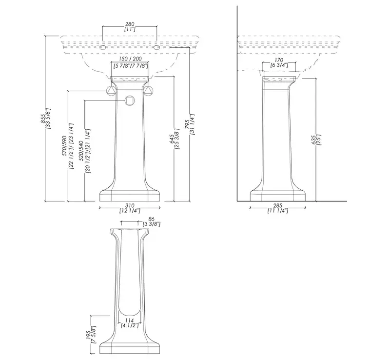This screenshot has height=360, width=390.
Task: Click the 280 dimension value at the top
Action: pos(130,24)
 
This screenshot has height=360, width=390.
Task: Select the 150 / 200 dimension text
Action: pos(130,59)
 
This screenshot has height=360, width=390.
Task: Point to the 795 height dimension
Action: pos(187,124)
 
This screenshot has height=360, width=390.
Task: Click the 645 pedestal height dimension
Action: pos(172,139)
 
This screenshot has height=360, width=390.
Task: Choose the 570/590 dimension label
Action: pos(64,146)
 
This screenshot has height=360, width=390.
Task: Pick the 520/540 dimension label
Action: pos(81,151)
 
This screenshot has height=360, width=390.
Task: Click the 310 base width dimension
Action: pos(130,206)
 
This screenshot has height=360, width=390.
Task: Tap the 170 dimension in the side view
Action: pos(279,60)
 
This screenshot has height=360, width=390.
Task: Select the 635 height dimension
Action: pos(313,140)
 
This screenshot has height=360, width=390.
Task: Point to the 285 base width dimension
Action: pos(278,206)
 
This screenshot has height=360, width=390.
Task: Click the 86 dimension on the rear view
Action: pos(151,219)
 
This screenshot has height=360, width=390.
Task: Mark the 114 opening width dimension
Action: pos(130,320)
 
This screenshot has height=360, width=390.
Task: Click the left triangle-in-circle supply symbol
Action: pos(111,91)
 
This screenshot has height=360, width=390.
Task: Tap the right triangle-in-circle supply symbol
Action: pos(149,91)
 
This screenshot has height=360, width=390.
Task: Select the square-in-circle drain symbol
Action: pos(130,100)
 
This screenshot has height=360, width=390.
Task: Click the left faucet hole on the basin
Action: pos(102,47)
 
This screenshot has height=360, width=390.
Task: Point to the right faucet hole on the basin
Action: pos(156,47)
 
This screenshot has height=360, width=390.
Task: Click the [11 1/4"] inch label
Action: pos(278,211)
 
